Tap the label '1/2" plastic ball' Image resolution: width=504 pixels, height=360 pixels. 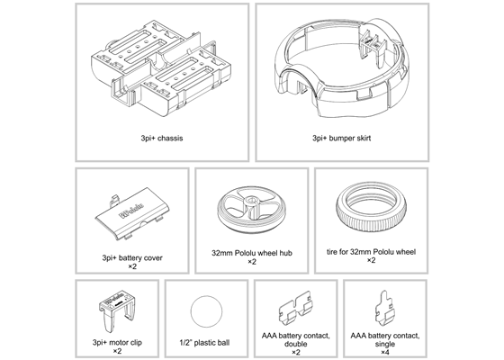[208, 343]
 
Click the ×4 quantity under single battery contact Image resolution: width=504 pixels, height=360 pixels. [385, 351]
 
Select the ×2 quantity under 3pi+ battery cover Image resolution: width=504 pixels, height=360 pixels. [132, 266]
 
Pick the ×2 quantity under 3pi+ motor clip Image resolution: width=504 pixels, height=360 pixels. [117, 351]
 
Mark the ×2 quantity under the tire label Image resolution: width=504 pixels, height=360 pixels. [371, 265]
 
